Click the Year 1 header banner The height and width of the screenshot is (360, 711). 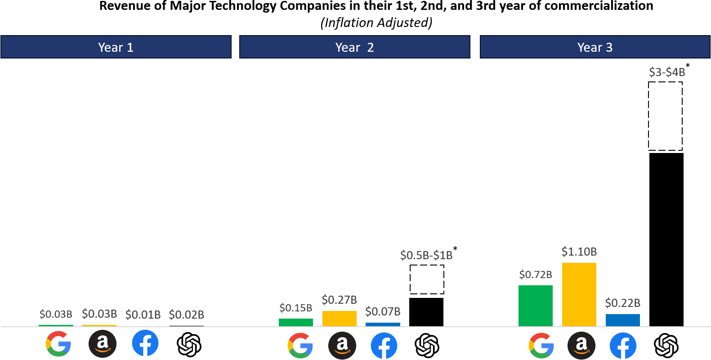click(x=116, y=47)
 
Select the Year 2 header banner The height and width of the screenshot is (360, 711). click(x=354, y=47)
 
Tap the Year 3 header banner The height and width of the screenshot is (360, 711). click(x=595, y=47)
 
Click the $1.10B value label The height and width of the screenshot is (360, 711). click(x=579, y=252)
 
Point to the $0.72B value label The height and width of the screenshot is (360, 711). click(x=535, y=274)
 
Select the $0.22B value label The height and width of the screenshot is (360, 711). click(x=622, y=303)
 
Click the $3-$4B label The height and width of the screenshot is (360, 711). click(x=667, y=72)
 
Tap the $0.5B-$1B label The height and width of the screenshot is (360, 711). click(x=426, y=255)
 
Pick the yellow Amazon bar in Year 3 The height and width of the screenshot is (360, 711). click(x=579, y=294)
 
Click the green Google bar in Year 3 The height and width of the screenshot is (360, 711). click(x=535, y=306)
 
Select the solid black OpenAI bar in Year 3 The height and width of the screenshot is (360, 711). click(x=666, y=239)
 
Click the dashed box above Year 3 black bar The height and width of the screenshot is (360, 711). click(x=665, y=116)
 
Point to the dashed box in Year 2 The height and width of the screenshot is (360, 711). click(x=427, y=279)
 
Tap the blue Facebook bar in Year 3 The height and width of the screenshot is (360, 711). click(x=622, y=320)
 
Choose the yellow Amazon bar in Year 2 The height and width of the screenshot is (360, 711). click(x=339, y=318)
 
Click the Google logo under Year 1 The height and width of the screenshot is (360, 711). click(x=58, y=344)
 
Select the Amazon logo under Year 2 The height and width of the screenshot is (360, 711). click(x=342, y=345)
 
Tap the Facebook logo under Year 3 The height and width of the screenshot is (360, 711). click(x=623, y=345)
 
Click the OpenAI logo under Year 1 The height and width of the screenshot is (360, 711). click(x=189, y=345)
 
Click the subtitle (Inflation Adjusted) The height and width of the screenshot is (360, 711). click(x=376, y=22)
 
